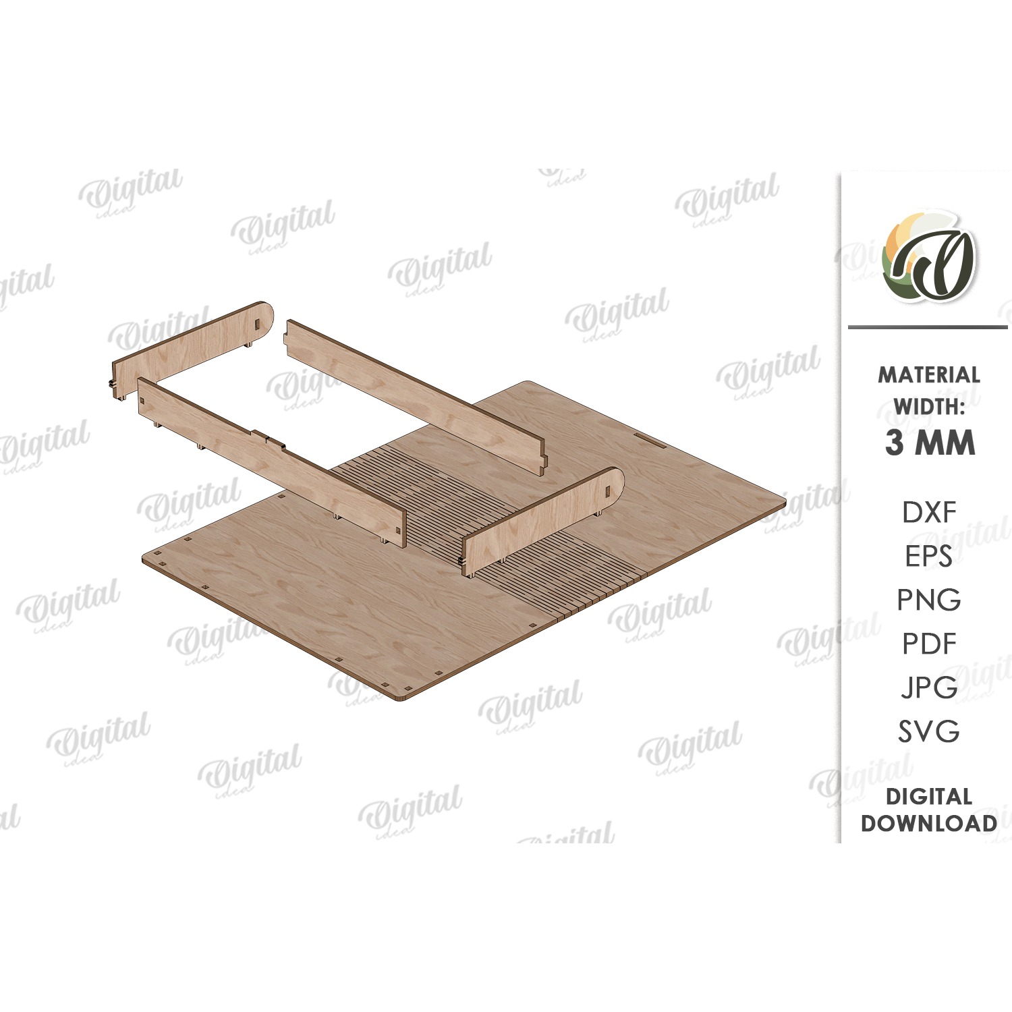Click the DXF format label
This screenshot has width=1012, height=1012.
coord(929,513)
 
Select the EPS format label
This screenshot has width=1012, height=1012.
coord(929,556)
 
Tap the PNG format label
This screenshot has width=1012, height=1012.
coord(929,600)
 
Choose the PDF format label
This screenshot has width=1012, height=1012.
coord(929,644)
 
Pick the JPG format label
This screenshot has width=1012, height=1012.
coord(929,687)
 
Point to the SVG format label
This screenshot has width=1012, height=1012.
coord(929,731)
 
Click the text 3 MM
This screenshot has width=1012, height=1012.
coord(930,443)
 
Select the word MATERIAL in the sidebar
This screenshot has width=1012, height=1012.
coord(929,375)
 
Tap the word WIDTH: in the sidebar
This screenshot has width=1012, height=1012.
coord(929,407)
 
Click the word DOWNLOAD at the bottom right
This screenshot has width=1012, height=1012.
coord(929,823)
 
